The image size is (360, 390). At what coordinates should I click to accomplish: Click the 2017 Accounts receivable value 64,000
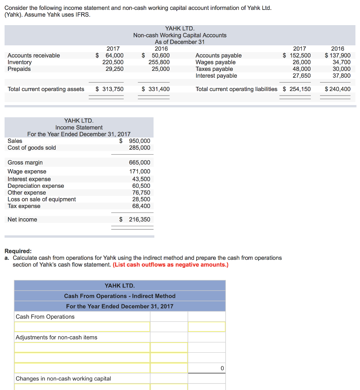114,56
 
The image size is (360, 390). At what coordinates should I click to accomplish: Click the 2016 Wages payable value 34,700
341,62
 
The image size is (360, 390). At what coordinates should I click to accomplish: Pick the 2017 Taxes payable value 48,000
301,69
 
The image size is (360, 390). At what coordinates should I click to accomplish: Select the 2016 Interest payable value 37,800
341,76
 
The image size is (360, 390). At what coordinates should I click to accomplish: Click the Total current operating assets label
46,89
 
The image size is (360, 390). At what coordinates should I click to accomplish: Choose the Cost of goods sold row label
32,148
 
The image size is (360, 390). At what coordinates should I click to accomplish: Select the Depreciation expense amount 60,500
141,186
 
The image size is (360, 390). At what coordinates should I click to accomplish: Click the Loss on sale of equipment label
42,199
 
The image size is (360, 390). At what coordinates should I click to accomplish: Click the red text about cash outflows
171,265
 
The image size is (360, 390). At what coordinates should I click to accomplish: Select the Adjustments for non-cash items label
56,337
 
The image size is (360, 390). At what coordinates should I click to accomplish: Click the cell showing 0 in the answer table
222,368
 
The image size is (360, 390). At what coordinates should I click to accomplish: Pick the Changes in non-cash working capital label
63,379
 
